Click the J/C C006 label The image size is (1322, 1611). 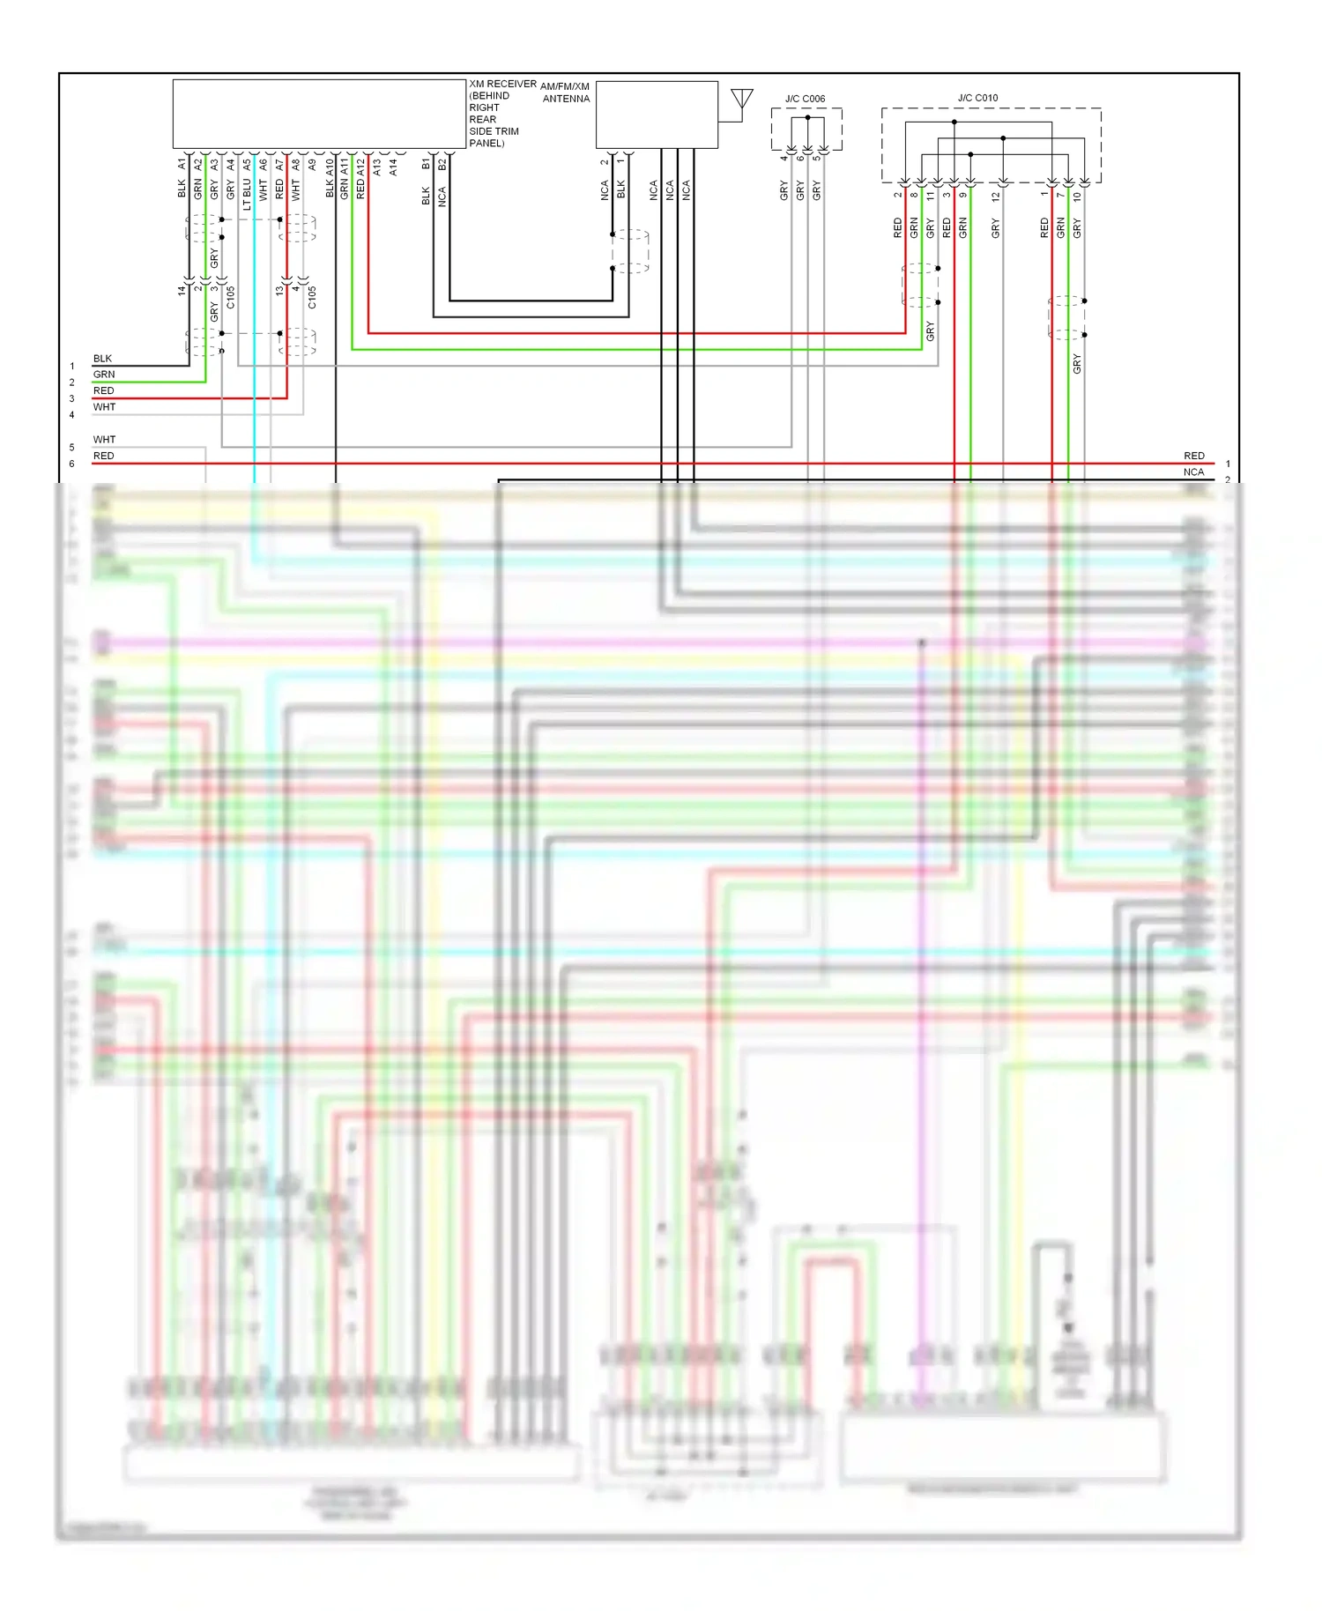(x=805, y=99)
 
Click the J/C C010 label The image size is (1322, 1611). (x=977, y=98)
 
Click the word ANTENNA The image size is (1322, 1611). (x=566, y=99)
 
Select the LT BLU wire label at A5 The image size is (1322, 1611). (x=248, y=194)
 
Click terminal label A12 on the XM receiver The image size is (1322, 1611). (x=360, y=165)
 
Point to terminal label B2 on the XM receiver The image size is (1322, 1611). (x=442, y=164)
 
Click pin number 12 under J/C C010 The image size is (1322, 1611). (x=996, y=196)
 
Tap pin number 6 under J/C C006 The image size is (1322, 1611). (x=800, y=158)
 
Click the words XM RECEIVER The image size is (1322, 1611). (x=502, y=84)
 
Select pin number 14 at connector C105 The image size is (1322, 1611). (x=182, y=290)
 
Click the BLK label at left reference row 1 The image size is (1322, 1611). (x=102, y=359)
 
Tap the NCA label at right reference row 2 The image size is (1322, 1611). (x=1193, y=472)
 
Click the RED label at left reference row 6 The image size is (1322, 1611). (x=103, y=456)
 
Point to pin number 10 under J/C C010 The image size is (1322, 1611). (x=1077, y=197)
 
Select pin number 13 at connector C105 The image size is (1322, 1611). (x=279, y=290)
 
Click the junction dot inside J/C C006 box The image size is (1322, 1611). (x=807, y=117)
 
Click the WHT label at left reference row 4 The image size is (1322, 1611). (x=104, y=407)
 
